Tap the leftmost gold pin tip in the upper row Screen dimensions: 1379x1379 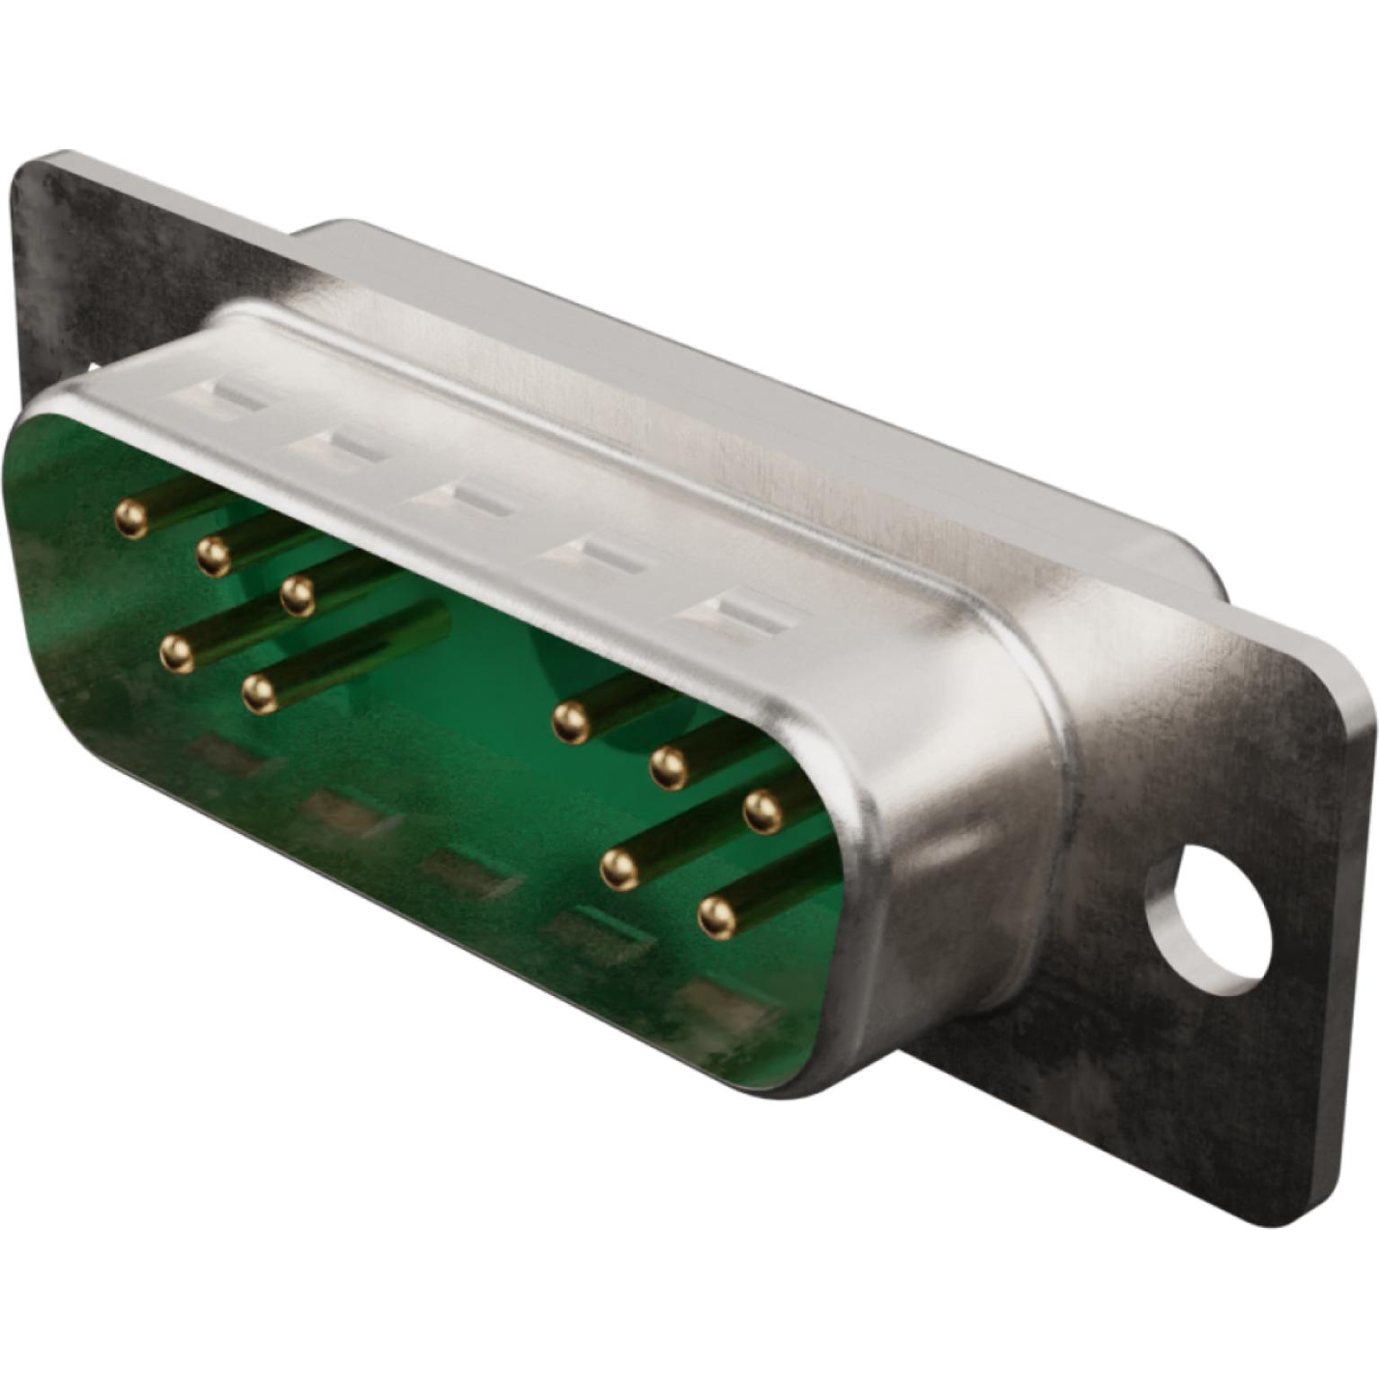click(x=131, y=519)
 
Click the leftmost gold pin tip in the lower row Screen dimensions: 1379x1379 click(x=177, y=652)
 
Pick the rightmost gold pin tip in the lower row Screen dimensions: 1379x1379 click(x=716, y=916)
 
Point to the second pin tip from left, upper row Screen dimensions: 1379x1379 click(x=213, y=558)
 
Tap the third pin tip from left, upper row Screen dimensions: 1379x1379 click(x=297, y=596)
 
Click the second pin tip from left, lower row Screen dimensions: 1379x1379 click(x=259, y=692)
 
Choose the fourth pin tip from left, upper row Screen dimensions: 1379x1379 click(x=568, y=720)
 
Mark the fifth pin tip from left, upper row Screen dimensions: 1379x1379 click(x=666, y=765)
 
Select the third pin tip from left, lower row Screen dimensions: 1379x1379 click(x=618, y=867)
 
